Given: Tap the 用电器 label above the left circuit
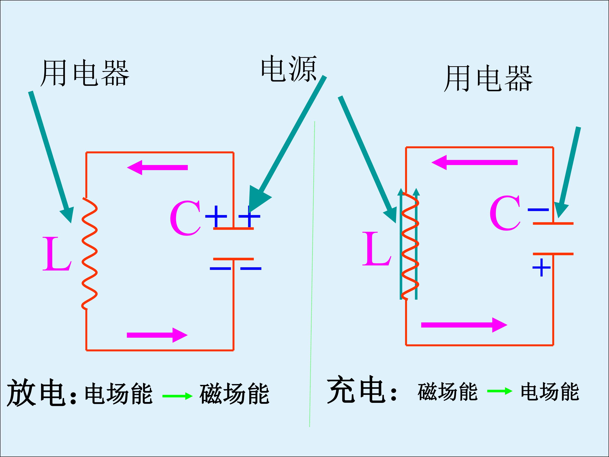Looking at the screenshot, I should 85,73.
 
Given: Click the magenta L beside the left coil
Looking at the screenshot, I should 57,254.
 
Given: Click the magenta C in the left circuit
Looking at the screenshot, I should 185,218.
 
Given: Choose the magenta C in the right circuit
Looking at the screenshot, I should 505,213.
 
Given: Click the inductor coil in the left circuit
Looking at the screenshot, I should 89,253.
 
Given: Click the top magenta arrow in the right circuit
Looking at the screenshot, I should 474,162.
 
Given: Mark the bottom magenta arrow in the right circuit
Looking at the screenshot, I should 464,325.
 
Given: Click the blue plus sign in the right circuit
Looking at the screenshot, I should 541,267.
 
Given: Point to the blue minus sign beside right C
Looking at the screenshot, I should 538,210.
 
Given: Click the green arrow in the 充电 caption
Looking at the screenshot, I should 500,391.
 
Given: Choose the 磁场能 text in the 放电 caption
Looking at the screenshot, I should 234,394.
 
